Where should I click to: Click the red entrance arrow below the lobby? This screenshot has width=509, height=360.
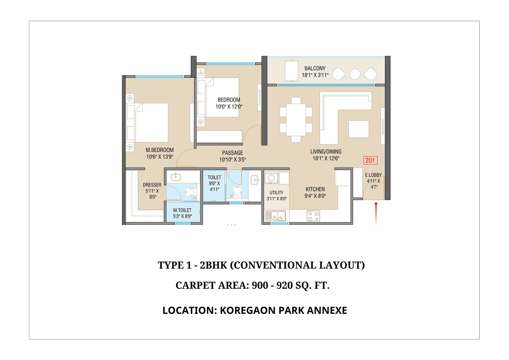[x=376, y=210]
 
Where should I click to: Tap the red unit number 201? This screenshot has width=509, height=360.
[x=370, y=161]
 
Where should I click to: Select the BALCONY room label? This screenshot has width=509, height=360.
[x=315, y=68]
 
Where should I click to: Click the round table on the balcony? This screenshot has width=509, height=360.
[x=355, y=74]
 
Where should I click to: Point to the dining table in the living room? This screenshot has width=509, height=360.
[x=295, y=120]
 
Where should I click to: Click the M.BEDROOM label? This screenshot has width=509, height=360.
[x=159, y=150]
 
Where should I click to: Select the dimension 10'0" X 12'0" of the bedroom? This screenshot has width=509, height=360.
[x=229, y=107]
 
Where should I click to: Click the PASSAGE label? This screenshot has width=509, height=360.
[x=232, y=153]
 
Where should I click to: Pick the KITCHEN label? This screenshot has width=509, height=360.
[x=315, y=189]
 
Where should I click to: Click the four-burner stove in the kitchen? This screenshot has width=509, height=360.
[x=313, y=216]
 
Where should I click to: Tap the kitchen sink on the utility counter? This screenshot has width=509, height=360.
[x=276, y=216]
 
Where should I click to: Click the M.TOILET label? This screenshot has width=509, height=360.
[x=182, y=210]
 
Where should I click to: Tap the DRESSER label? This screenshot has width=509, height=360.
[x=152, y=185]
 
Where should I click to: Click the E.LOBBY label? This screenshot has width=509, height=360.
[x=373, y=175]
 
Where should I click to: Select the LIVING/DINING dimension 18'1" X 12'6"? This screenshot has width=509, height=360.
[x=326, y=158]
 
